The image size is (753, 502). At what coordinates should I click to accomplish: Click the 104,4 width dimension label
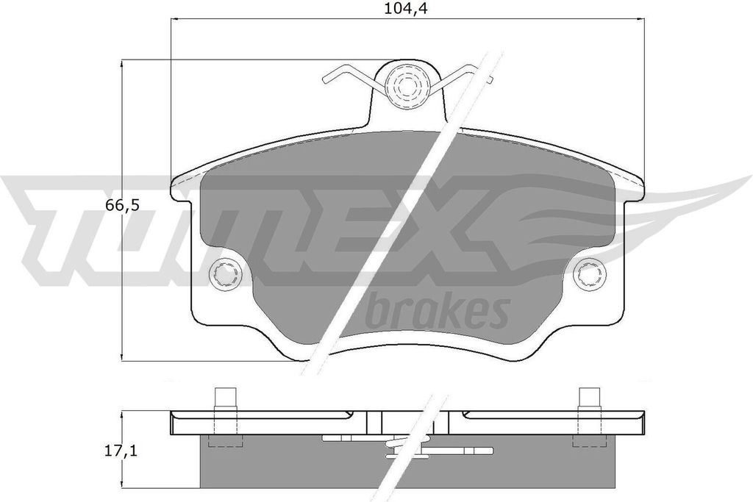406,8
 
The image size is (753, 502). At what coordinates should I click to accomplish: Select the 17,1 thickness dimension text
121,451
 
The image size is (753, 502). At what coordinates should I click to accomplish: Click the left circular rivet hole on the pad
224,274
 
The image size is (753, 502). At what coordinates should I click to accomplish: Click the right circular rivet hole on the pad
590,274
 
